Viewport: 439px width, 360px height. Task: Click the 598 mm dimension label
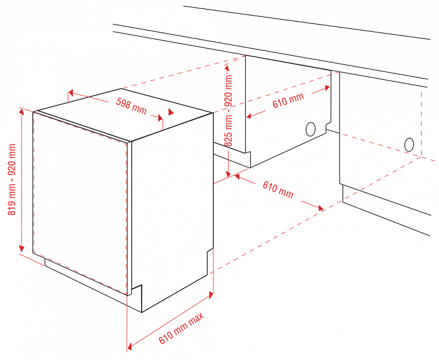point(131,106)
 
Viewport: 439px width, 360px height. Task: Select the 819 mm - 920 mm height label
point(12,179)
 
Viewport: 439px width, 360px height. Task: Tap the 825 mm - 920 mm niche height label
point(228,110)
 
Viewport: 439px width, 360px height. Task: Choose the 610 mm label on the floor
point(278,190)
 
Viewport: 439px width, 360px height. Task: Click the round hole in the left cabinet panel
point(311,129)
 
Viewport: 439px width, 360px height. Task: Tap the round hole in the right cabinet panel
point(409,145)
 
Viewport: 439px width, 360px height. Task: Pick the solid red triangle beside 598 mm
point(170,112)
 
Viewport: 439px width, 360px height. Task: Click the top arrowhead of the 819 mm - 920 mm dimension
point(21,112)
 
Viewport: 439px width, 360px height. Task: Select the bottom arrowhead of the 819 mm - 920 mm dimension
point(21,248)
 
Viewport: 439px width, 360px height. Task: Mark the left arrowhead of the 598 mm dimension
point(71,92)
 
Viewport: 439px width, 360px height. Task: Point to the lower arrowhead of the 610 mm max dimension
point(130,344)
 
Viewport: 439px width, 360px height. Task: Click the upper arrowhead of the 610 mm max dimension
point(211,295)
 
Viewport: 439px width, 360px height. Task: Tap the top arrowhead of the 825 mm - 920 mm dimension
point(227,68)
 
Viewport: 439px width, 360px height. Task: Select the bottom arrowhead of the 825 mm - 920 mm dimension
point(228,173)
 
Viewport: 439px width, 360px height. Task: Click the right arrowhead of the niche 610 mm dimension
point(327,88)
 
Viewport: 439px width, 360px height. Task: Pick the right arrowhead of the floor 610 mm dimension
point(320,208)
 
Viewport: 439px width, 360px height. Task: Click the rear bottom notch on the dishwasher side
point(210,260)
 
